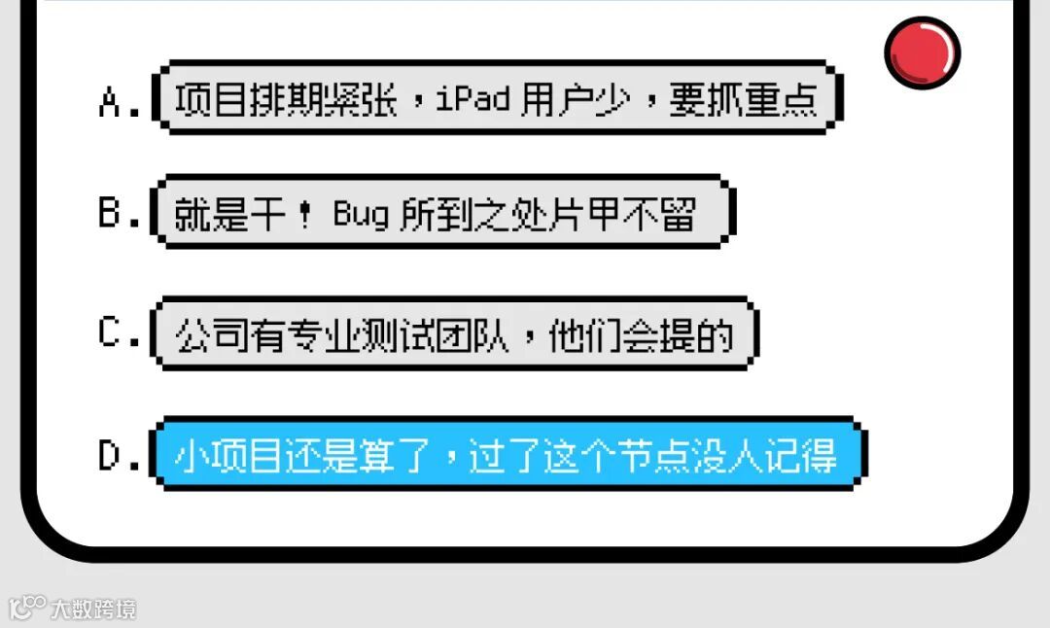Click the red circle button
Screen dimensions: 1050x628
point(922,52)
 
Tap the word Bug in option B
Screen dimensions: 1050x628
point(361,214)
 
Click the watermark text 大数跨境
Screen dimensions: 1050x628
point(94,610)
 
